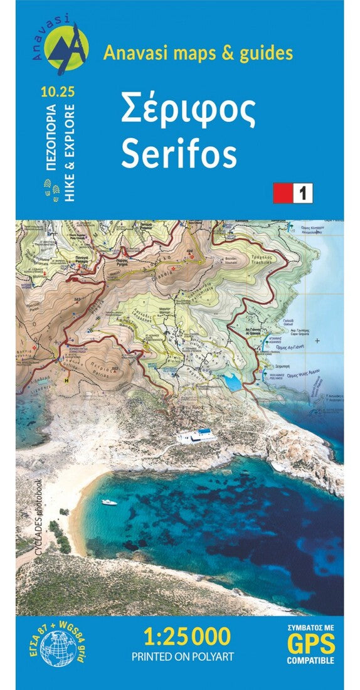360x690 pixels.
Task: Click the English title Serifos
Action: [x=179, y=153]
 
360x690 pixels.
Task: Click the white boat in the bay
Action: [x=109, y=502]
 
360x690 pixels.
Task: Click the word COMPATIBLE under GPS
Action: [x=311, y=661]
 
